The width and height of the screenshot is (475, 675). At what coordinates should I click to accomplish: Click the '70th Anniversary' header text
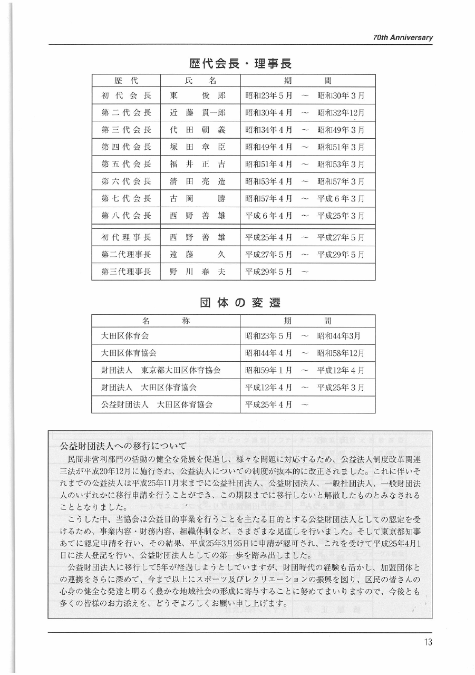click(x=402, y=37)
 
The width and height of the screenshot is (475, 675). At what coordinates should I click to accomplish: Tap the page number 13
click(x=428, y=642)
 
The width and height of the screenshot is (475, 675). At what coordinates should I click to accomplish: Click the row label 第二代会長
click(x=126, y=113)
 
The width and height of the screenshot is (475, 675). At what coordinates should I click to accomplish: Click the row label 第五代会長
click(x=126, y=165)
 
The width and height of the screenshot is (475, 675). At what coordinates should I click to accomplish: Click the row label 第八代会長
click(x=126, y=216)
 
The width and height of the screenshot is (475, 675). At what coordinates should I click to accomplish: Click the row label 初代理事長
click(x=126, y=237)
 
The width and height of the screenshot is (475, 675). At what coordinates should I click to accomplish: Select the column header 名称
click(x=166, y=321)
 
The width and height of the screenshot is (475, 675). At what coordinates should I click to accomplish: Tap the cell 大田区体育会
click(x=122, y=336)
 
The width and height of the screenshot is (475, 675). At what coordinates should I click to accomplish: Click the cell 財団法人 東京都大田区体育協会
click(x=161, y=370)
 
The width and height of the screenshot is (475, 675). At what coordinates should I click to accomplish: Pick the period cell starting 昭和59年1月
click(x=305, y=370)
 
